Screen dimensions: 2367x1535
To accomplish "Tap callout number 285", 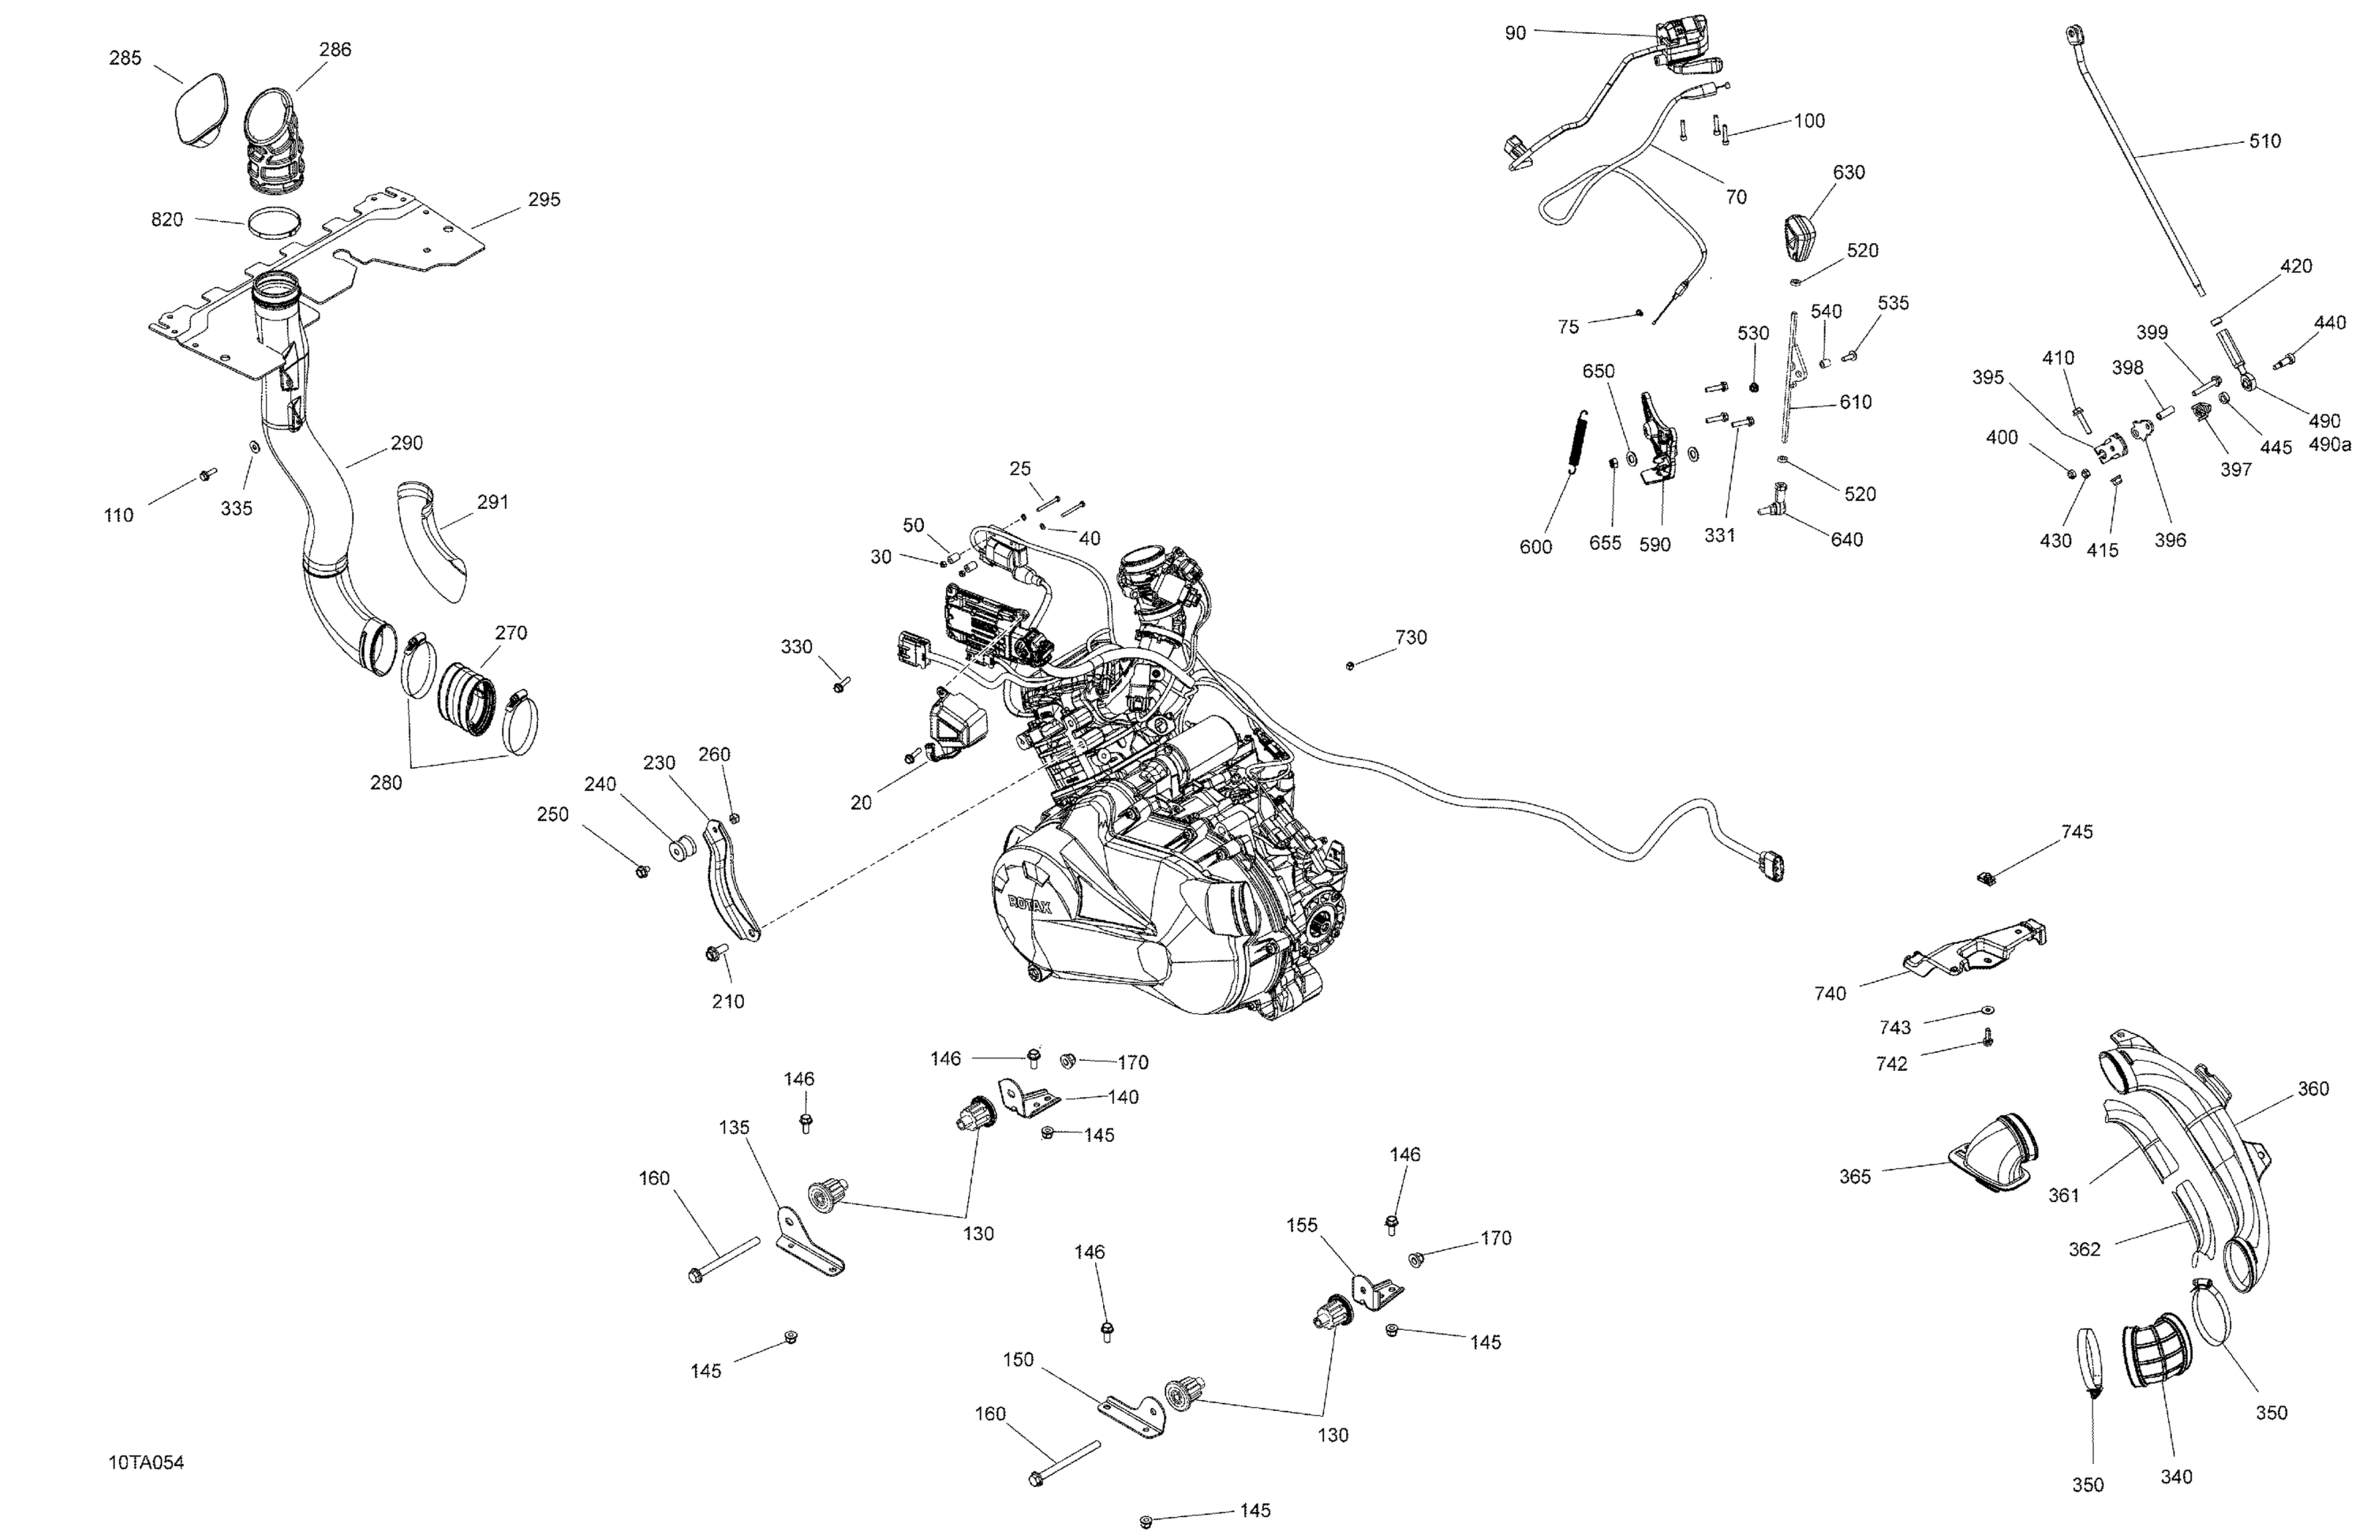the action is point(125,58).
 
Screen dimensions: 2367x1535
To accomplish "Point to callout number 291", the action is point(492,503).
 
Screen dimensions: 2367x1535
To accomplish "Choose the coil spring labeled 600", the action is point(1577,444).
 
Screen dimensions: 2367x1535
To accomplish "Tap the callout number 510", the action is point(2264,141).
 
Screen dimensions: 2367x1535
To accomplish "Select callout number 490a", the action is point(2328,444).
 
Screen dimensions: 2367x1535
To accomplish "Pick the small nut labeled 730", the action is point(1350,665).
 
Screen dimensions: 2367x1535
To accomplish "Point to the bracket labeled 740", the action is point(1974,951).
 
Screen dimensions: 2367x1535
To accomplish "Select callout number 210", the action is point(728,1001).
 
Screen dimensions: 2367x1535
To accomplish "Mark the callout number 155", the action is point(1302,1226).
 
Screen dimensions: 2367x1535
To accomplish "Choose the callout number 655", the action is point(1605,543).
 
